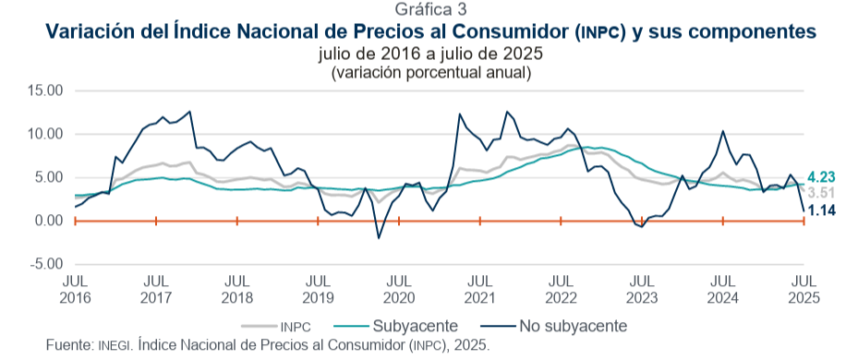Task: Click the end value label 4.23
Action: point(821,177)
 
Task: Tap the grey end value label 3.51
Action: point(821,193)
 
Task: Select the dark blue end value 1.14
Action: point(822,210)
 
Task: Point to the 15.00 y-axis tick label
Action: point(45,90)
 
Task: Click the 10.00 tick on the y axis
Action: point(45,134)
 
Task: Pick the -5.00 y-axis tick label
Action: point(45,264)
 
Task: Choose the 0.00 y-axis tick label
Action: point(49,221)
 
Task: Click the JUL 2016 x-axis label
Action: point(76,290)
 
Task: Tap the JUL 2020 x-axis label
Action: point(400,290)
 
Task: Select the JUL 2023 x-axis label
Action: point(642,290)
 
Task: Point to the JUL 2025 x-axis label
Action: point(804,290)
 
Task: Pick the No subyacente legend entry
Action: point(554,326)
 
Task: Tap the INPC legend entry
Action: point(276,327)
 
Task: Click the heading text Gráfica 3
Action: point(430,9)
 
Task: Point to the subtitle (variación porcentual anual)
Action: point(430,73)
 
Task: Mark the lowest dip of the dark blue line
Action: point(378,238)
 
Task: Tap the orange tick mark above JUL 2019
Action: point(318,221)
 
